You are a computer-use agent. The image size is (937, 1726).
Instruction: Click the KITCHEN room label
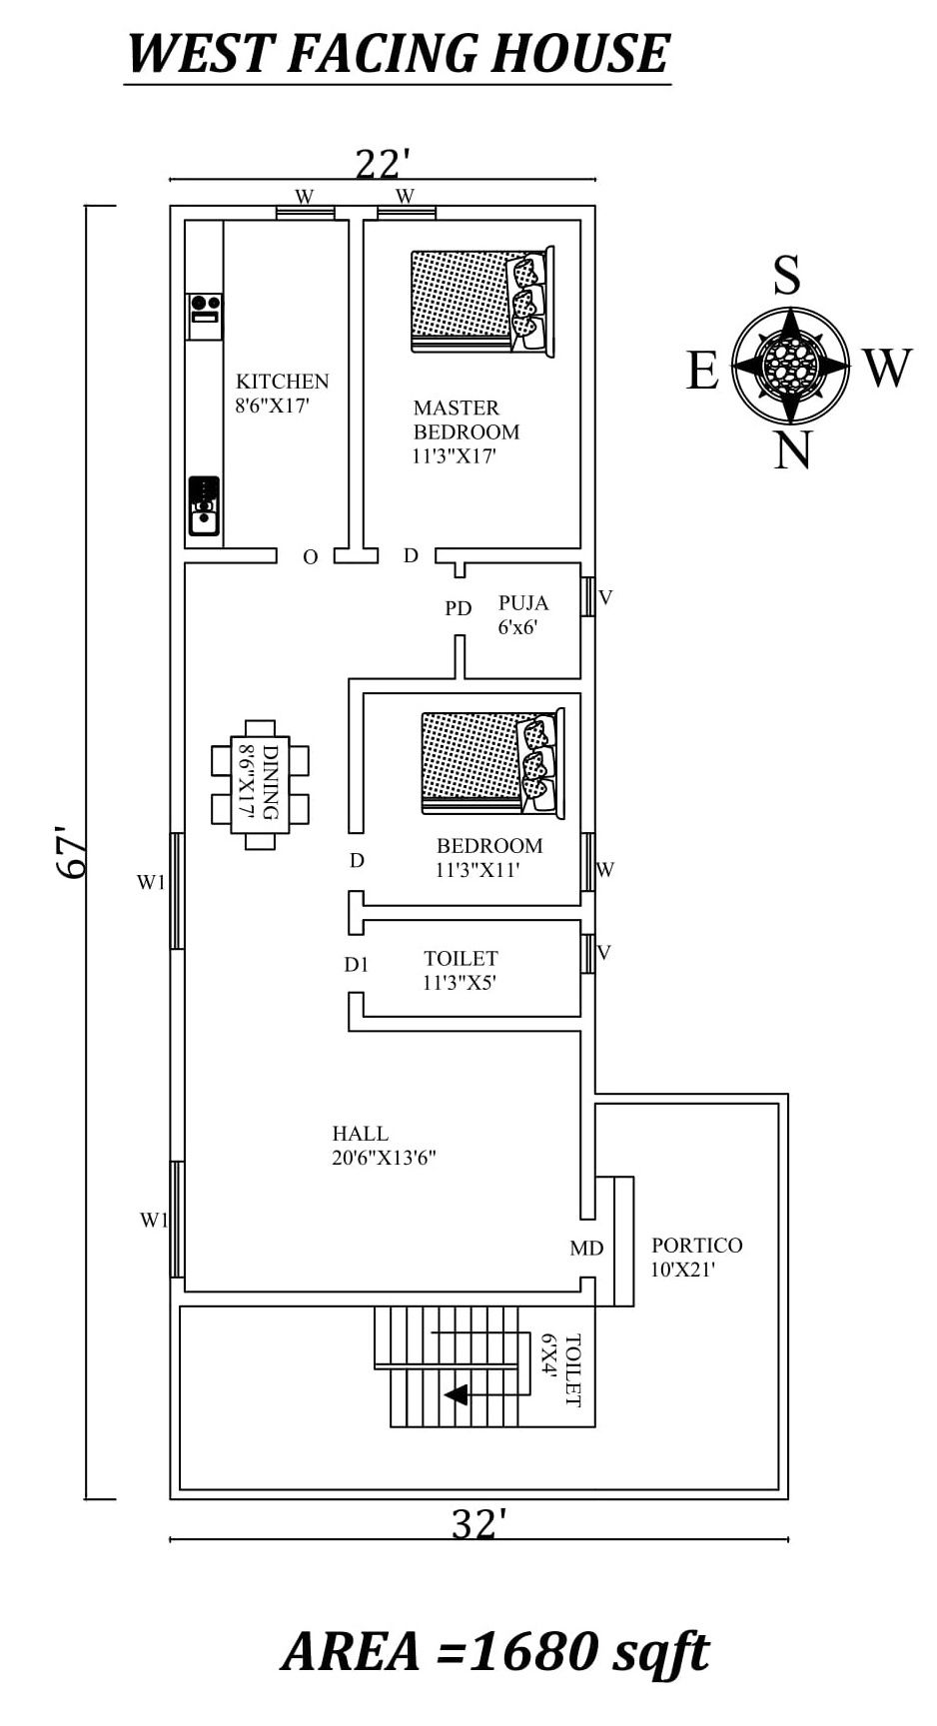pyautogui.click(x=282, y=382)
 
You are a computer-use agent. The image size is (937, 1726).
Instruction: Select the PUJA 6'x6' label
pyautogui.click(x=522, y=614)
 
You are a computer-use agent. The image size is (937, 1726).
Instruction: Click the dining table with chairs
pyautogui.click(x=260, y=784)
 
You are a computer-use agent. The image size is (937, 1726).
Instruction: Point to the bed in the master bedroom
pyautogui.click(x=481, y=301)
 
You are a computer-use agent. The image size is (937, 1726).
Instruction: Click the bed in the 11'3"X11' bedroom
pyautogui.click(x=491, y=761)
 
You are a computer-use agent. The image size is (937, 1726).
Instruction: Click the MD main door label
pyautogui.click(x=586, y=1249)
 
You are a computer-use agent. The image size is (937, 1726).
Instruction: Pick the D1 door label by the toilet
pyautogui.click(x=357, y=965)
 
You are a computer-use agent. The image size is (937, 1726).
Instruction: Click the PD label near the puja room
pyautogui.click(x=459, y=608)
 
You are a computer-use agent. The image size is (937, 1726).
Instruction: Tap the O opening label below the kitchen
pyautogui.click(x=311, y=557)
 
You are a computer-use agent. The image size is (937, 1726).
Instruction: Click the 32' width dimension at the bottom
pyautogui.click(x=477, y=1525)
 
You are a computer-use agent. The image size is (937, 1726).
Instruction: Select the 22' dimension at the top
pyautogui.click(x=384, y=163)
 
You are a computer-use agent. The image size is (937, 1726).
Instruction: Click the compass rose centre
pyautogui.click(x=789, y=364)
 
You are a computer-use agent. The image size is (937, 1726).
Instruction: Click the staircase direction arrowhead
pyautogui.click(x=457, y=1394)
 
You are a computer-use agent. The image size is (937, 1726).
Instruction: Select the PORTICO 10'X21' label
pyautogui.click(x=696, y=1258)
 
